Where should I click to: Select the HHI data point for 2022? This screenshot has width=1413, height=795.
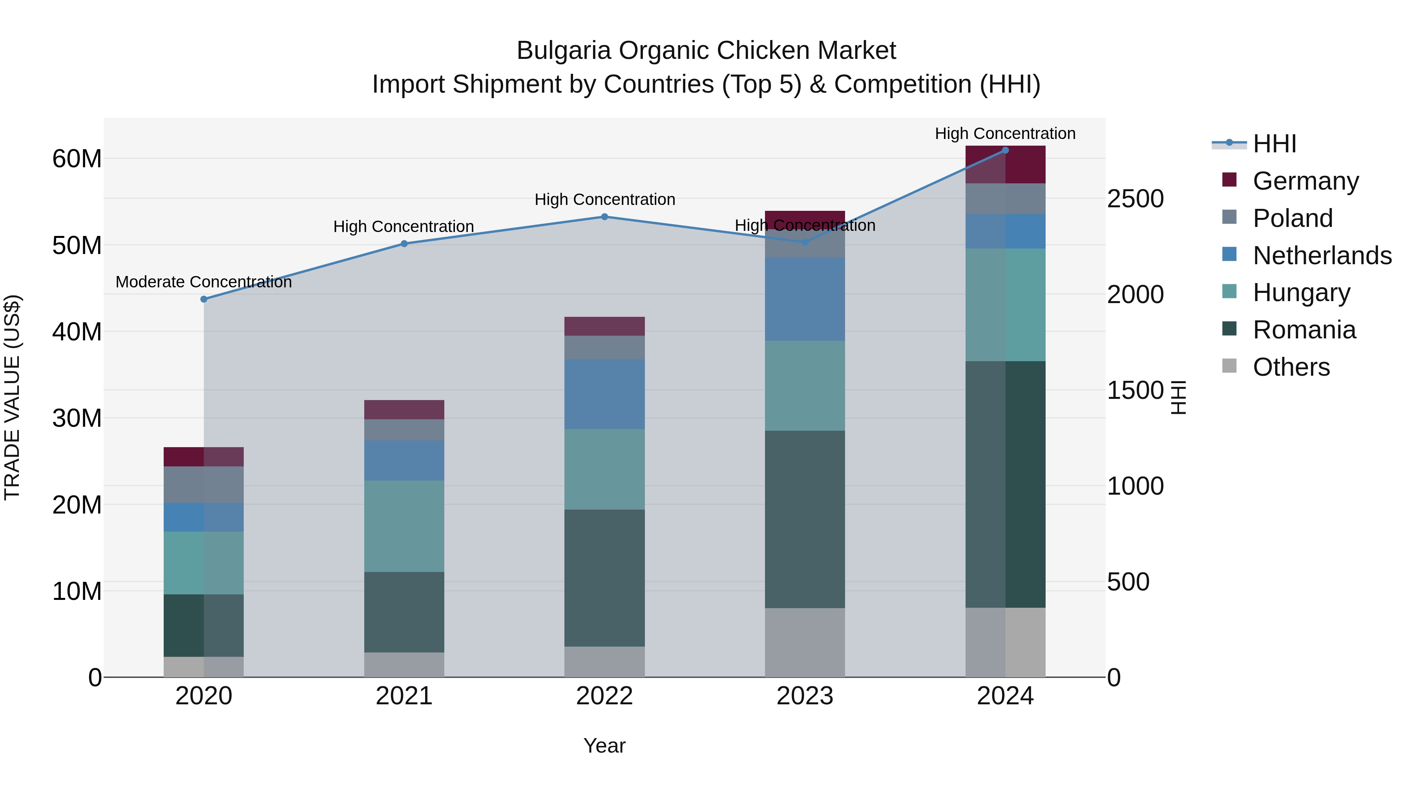coord(604,217)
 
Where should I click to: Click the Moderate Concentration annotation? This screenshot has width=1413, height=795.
coord(203,282)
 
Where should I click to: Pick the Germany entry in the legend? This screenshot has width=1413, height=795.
coord(1305,181)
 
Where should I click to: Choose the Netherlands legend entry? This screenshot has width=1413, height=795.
coord(1322,256)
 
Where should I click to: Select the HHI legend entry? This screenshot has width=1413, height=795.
coord(1274,144)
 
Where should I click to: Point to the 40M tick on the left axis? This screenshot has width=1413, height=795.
coord(77,332)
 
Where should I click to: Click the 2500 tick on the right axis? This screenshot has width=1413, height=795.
coord(1135,199)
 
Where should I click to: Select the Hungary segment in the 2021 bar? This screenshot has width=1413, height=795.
coord(404,526)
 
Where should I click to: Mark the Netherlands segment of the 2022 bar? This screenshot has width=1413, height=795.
coord(604,394)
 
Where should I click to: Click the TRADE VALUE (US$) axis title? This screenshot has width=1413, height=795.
coord(13,397)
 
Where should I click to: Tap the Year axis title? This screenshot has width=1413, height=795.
coord(604,746)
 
